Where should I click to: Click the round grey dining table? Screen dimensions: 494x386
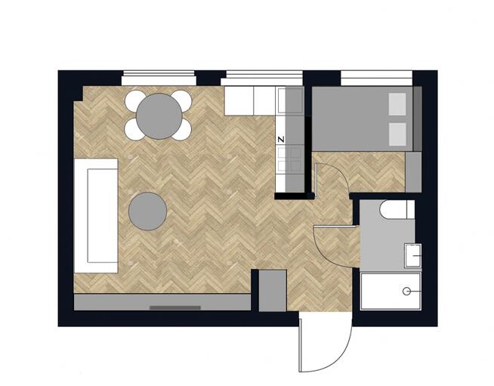(x=159, y=116)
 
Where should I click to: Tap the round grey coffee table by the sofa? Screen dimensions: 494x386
(x=148, y=211)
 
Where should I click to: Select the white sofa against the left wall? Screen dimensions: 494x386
(x=96, y=215)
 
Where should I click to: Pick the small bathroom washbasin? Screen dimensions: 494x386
(x=413, y=255)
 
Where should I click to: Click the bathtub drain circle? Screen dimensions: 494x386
(x=406, y=292)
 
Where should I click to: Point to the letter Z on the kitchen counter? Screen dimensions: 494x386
(x=281, y=139)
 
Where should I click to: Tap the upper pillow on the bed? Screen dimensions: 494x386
(x=397, y=104)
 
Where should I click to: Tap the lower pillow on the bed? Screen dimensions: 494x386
(x=397, y=134)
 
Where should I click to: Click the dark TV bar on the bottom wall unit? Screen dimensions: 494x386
(x=175, y=307)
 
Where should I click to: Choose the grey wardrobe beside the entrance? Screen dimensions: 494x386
(x=273, y=291)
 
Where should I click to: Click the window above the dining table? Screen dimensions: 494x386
(x=159, y=78)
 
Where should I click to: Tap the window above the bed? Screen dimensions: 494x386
(x=377, y=78)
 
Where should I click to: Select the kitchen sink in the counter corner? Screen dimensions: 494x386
(x=290, y=100)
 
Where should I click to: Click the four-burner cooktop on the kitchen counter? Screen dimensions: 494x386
(x=289, y=160)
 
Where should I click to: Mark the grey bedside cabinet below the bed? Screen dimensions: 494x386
(x=413, y=172)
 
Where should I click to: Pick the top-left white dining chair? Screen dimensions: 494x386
(x=134, y=100)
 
